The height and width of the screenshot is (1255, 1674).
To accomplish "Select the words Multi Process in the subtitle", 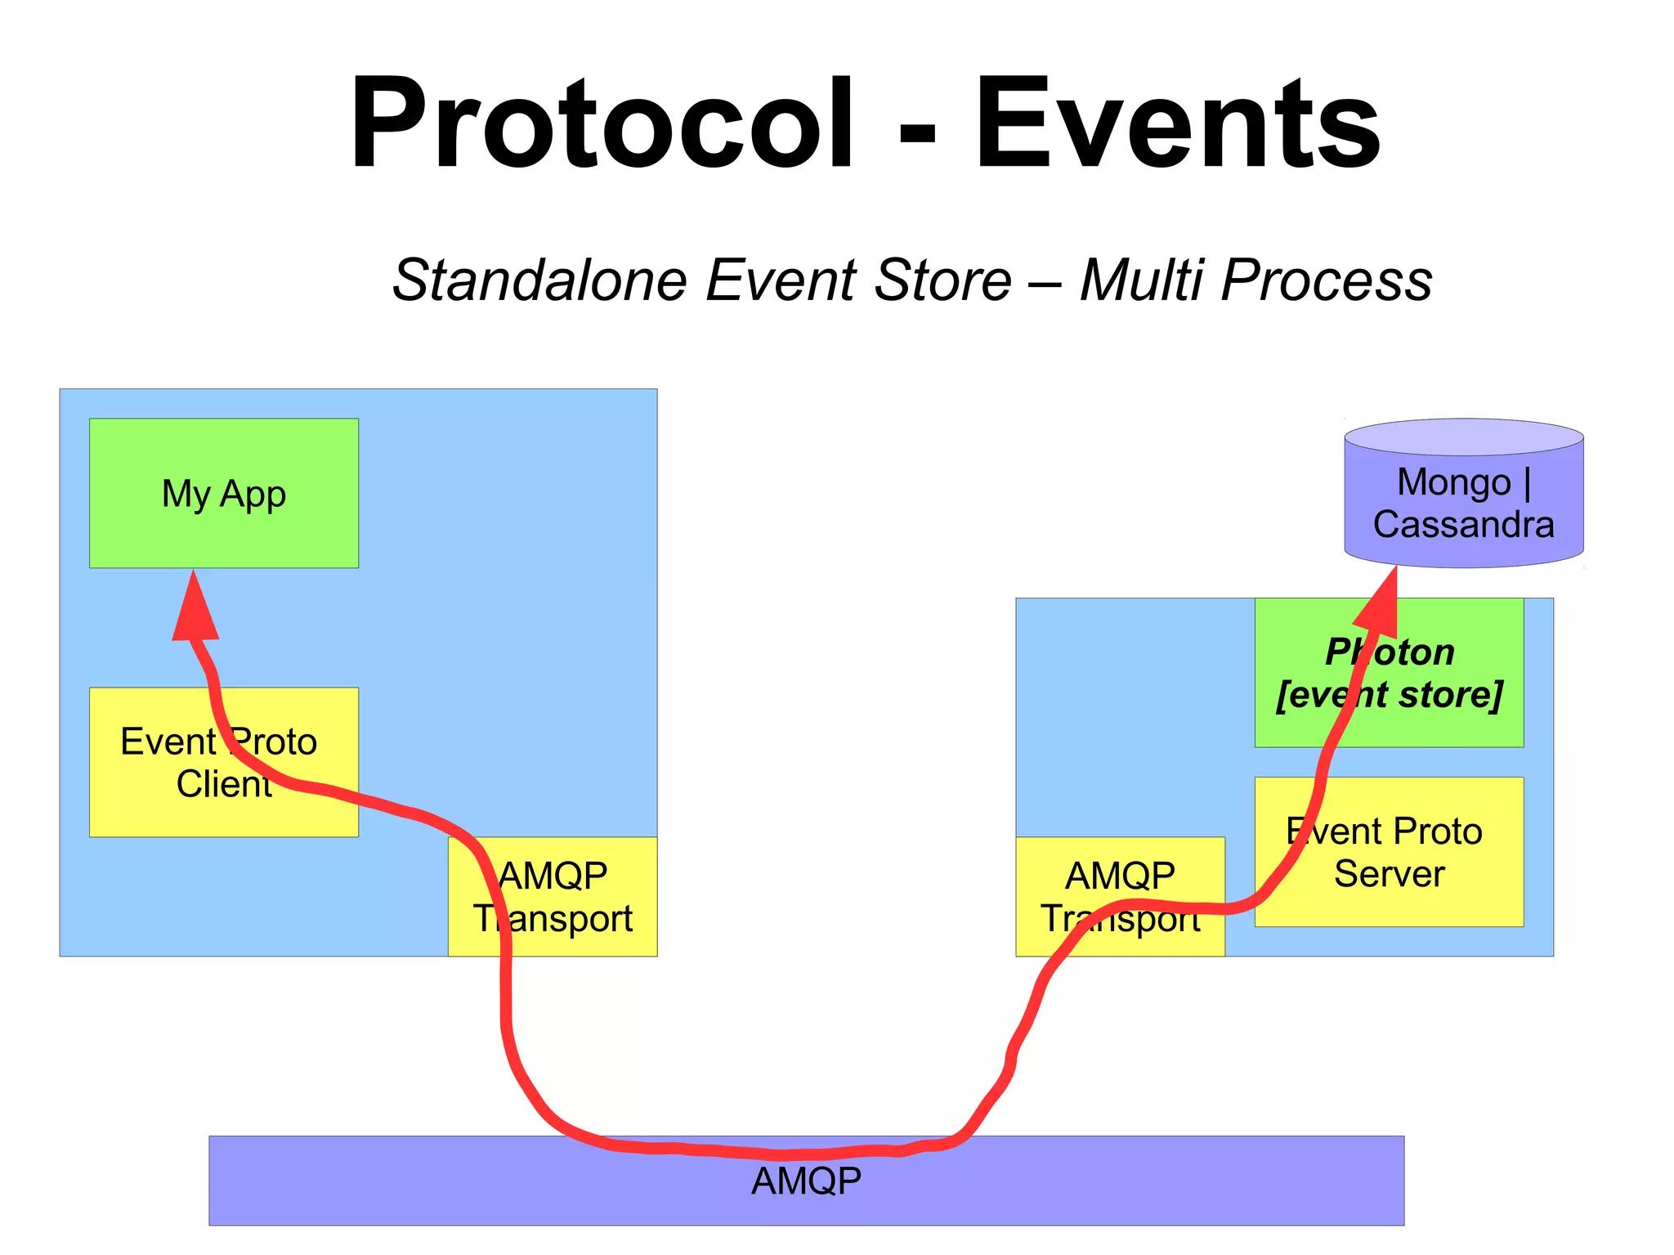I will point(1255,280).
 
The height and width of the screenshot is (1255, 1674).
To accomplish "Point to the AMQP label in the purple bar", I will point(806,1181).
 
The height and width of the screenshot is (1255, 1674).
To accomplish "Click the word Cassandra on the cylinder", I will point(1463,525).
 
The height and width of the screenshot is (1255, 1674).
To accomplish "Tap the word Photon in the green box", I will point(1390,652).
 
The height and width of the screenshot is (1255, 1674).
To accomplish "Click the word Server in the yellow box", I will point(1389,874).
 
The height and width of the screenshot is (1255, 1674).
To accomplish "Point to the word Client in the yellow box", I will point(223,784).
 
